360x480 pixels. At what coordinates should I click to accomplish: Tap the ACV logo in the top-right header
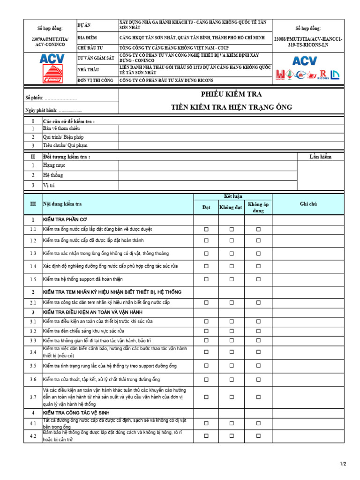[305, 60]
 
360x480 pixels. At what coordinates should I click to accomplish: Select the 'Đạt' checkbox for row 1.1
[206, 230]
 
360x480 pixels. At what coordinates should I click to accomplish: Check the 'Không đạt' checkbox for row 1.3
[231, 254]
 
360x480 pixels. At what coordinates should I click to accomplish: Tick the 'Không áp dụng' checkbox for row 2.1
[258, 303]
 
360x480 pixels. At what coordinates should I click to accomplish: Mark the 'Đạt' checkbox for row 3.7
[206, 397]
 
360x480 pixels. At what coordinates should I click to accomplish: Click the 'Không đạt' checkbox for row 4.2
[231, 436]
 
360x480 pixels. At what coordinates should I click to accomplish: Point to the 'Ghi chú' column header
[308, 204]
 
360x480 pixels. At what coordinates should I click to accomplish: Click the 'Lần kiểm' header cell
[320, 157]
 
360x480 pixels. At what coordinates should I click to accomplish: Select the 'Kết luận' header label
[233, 196]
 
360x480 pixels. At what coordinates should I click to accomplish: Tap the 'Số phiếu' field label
[34, 98]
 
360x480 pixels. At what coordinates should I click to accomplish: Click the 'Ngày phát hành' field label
[41, 110]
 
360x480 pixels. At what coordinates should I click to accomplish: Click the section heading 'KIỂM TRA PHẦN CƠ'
[65, 219]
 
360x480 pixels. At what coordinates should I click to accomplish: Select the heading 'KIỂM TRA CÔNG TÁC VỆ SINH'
[76, 413]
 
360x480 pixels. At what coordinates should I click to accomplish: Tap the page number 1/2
[342, 464]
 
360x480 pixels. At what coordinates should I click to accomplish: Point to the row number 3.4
[33, 352]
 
